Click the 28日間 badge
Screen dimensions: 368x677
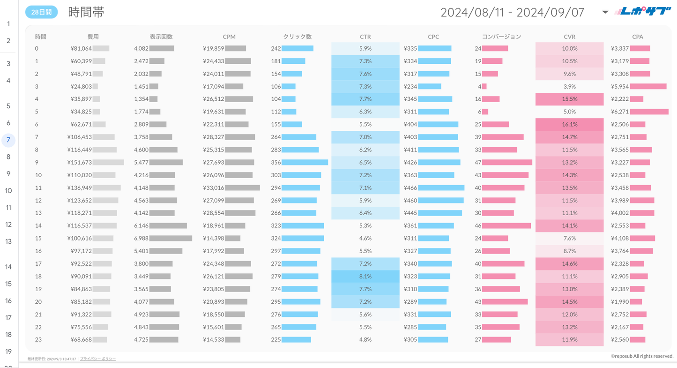click(x=41, y=12)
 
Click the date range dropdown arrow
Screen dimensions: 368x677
click(x=605, y=12)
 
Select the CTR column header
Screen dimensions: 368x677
click(x=365, y=37)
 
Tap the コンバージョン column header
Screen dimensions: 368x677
click(x=501, y=37)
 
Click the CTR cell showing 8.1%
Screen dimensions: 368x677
click(x=365, y=276)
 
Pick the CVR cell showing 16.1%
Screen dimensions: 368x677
click(x=569, y=124)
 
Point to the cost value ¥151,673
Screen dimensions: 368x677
click(x=79, y=162)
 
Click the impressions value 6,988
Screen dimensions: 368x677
click(x=141, y=238)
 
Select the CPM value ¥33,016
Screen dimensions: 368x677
click(x=214, y=188)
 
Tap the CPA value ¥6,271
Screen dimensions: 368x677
click(x=620, y=112)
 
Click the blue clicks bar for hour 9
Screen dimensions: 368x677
click(x=305, y=162)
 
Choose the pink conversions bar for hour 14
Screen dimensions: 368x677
click(x=506, y=225)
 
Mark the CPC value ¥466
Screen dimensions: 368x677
click(x=410, y=188)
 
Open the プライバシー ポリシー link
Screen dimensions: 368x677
click(x=98, y=359)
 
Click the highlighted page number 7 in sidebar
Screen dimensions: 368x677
click(x=8, y=140)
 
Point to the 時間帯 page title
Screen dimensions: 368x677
click(x=86, y=12)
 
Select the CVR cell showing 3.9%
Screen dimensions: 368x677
click(x=569, y=86)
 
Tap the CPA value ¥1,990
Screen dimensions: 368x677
click(x=620, y=301)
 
